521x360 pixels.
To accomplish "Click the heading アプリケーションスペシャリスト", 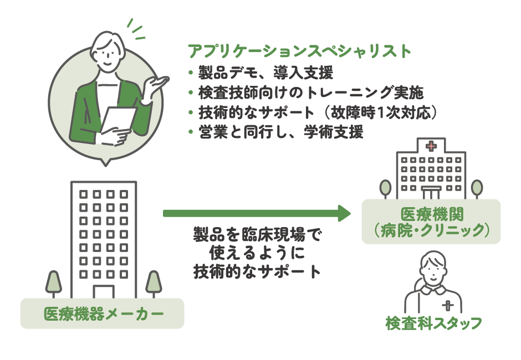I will coord(300,52).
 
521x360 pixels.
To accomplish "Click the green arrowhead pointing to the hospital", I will coord(344,213).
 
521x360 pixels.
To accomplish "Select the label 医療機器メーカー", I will coord(103,314).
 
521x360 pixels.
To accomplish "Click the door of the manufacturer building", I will coord(103,292).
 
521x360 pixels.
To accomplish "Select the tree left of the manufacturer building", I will coord(53,282).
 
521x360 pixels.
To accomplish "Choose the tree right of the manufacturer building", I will coord(153,282).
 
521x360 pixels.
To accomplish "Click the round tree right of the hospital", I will coord(477,187).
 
